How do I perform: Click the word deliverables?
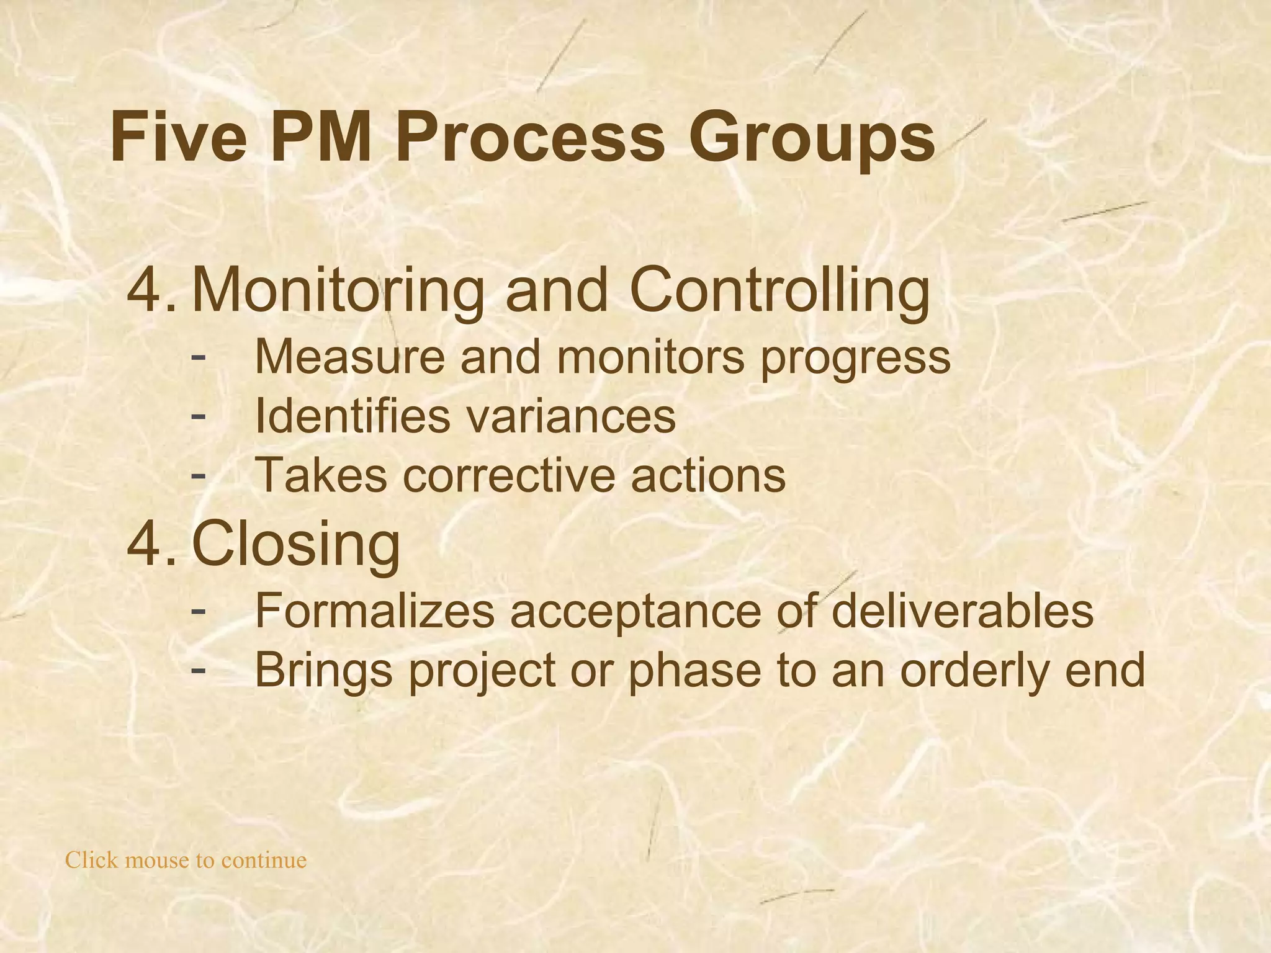(x=962, y=611)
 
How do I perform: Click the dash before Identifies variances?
(x=199, y=413)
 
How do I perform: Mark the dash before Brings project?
(x=199, y=668)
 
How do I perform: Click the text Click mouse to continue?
(x=186, y=861)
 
